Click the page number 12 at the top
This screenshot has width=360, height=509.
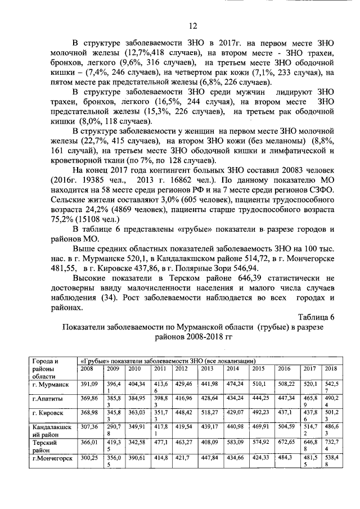[191, 25]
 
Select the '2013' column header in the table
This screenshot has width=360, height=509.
[207, 368]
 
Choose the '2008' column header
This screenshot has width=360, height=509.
[87, 368]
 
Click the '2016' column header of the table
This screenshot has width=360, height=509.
[284, 368]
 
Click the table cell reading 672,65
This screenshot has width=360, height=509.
[287, 444]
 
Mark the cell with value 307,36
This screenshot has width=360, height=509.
[89, 429]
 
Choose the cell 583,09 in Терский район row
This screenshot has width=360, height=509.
[235, 444]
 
